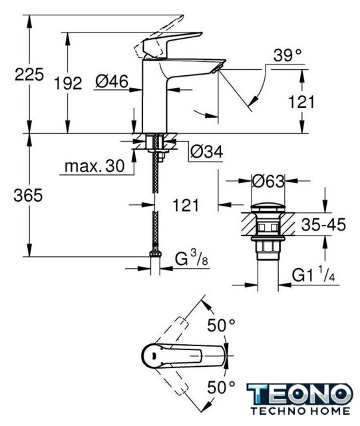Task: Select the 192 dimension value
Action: (x=68, y=83)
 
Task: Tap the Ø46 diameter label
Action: (x=112, y=81)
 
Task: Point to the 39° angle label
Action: (x=287, y=55)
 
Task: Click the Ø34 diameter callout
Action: (x=207, y=151)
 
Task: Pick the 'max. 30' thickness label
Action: (x=94, y=166)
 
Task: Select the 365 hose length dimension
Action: (x=28, y=195)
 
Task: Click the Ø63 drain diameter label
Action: (x=268, y=181)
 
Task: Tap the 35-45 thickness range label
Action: (x=323, y=225)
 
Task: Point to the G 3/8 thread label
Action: (x=191, y=258)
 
